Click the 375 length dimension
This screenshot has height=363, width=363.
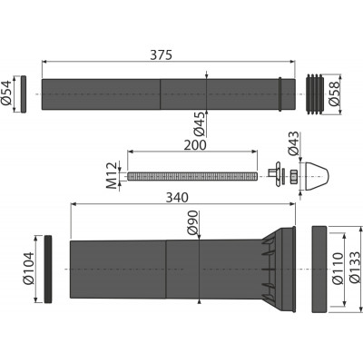coord(161,55)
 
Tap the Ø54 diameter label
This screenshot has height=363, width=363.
coord(6,93)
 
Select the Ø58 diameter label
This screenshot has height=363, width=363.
coord(335,93)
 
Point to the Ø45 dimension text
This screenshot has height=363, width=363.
coord(200,123)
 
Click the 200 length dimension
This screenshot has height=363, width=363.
coord(195,145)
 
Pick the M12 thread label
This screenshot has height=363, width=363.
coord(113,175)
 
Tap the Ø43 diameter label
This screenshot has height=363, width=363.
coord(293,143)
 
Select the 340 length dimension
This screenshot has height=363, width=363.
coord(177,198)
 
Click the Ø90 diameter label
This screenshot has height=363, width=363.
coord(192,222)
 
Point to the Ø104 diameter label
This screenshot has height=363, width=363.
coord(29,268)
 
